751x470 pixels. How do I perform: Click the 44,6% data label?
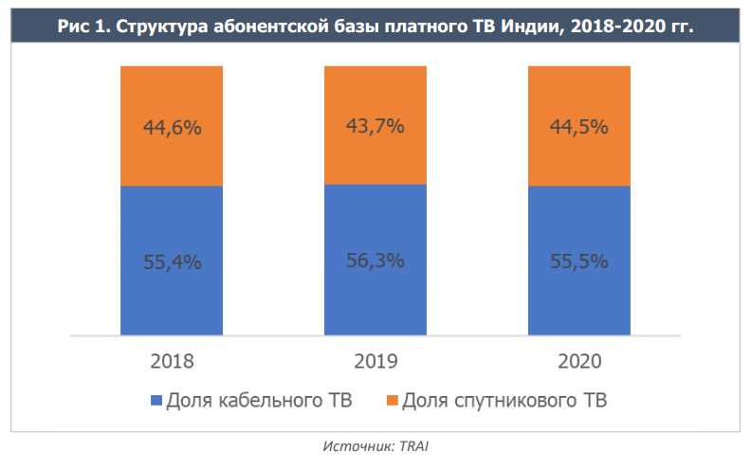(172, 127)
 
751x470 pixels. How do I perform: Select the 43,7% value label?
(375, 125)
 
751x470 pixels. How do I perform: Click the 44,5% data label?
(578, 127)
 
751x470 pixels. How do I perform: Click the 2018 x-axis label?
(172, 361)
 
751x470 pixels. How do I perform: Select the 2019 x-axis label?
(375, 361)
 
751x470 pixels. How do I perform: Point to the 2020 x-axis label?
(578, 361)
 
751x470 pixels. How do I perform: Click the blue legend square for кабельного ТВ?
(156, 401)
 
